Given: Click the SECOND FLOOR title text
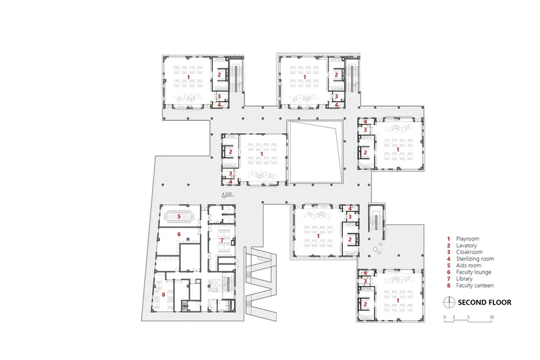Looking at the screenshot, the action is (x=484, y=303).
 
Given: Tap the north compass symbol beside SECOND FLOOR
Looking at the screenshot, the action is (x=449, y=302).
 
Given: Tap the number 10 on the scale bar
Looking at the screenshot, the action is (x=491, y=317).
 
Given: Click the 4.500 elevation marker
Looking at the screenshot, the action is (x=227, y=195).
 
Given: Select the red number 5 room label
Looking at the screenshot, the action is (x=179, y=216).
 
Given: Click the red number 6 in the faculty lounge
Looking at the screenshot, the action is (x=179, y=234).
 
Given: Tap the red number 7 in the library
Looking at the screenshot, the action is (x=222, y=240).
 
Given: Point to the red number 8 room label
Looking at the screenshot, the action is (x=163, y=294).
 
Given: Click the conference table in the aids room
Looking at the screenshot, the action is (x=179, y=216).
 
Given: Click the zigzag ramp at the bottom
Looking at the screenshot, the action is (x=261, y=284).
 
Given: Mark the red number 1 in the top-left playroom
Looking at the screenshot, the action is (x=188, y=76).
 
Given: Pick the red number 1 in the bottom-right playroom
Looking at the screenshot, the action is (x=398, y=301).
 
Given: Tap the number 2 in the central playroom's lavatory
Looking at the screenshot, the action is (x=230, y=152).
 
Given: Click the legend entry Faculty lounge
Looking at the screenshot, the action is (x=474, y=272).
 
